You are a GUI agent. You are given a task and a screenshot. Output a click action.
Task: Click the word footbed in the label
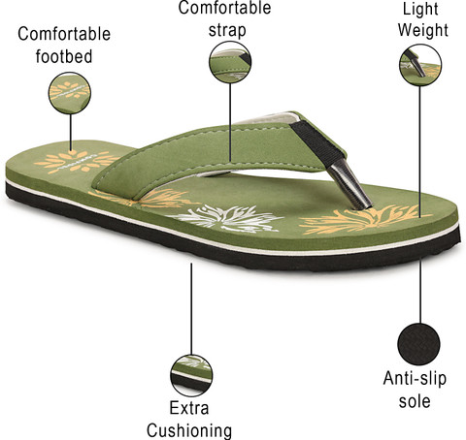pos(64,56)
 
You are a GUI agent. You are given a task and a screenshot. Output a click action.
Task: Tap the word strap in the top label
pos(227,30)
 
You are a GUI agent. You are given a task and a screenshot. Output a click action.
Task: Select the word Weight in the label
pos(423,30)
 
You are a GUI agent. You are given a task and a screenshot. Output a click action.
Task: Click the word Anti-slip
pos(415,378)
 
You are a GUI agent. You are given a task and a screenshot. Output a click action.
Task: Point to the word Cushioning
pos(189,430)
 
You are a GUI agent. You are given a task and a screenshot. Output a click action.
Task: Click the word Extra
pos(189,408)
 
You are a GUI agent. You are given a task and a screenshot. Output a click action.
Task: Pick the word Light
pos(420,9)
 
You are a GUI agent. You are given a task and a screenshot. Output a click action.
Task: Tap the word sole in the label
pos(415,401)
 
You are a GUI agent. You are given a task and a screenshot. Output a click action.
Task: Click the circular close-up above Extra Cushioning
pos(191,375)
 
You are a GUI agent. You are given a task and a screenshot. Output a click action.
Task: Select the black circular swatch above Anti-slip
pos(418,344)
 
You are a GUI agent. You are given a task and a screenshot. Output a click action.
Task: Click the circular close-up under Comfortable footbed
pos(70,93)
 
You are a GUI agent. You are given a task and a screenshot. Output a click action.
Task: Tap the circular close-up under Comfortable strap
pos(230,62)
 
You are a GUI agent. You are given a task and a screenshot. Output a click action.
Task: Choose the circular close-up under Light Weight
pos(420,65)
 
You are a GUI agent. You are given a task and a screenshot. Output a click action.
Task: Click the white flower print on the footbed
pos(225,218)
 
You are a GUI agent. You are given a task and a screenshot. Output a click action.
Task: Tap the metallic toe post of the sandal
pos(349,183)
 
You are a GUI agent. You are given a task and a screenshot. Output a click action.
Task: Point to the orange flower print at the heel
pos(77,162)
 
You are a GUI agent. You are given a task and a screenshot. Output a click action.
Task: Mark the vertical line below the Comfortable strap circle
pos(230,122)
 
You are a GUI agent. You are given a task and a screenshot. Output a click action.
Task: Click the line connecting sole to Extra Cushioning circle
pos(191,309)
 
